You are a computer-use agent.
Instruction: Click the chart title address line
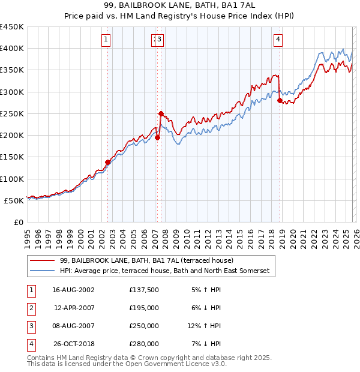pyautogui.click(x=179, y=5)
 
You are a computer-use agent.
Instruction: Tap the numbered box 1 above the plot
pyautogui.click(x=106, y=40)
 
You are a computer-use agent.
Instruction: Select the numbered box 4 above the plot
pyautogui.click(x=278, y=40)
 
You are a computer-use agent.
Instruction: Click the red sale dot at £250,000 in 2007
pyautogui.click(x=161, y=113)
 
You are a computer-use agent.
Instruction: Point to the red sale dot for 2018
pyautogui.click(x=280, y=101)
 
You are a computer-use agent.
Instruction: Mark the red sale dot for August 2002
pyautogui.click(x=108, y=162)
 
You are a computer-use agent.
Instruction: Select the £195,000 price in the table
pyautogui.click(x=144, y=308)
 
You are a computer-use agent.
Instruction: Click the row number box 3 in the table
pyautogui.click(x=30, y=326)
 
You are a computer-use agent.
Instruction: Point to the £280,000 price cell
pyautogui.click(x=144, y=344)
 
